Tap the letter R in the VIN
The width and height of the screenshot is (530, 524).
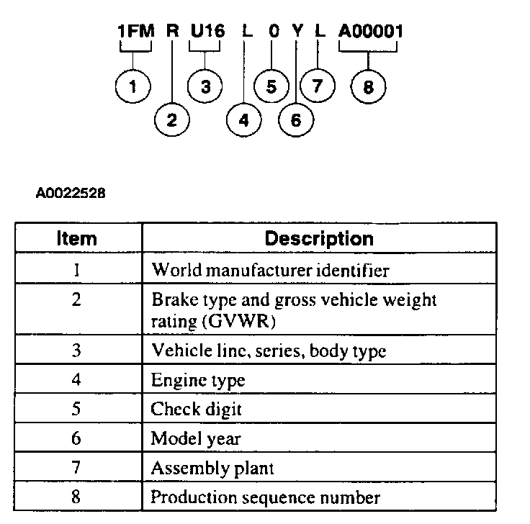point(171,32)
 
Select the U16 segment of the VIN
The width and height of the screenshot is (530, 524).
point(207,32)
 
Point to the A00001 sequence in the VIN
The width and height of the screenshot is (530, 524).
point(370,32)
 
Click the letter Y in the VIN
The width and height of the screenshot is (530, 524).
point(297,32)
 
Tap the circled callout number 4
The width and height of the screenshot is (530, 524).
point(243,119)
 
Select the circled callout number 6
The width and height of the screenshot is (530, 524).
point(296,119)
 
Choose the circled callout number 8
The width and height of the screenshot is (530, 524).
point(369,88)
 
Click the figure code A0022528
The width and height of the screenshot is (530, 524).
point(70,193)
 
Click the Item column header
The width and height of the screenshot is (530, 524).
point(77,238)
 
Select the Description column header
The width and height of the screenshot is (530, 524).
point(319,238)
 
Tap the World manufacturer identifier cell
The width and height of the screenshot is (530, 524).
point(269,271)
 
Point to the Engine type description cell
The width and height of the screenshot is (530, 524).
point(197,381)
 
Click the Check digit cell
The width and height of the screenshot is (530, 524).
point(196,410)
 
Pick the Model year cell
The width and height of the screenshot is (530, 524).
point(195,439)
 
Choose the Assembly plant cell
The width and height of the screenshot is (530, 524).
point(212,468)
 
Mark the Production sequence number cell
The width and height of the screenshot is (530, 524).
point(265,497)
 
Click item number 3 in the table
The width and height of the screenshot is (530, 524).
point(77,351)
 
